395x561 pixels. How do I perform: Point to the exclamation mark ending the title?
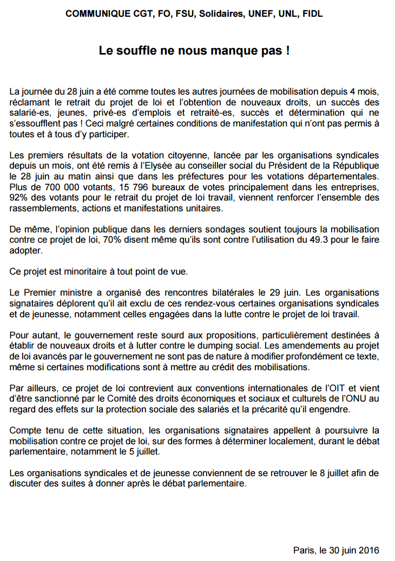coord(287,51)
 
